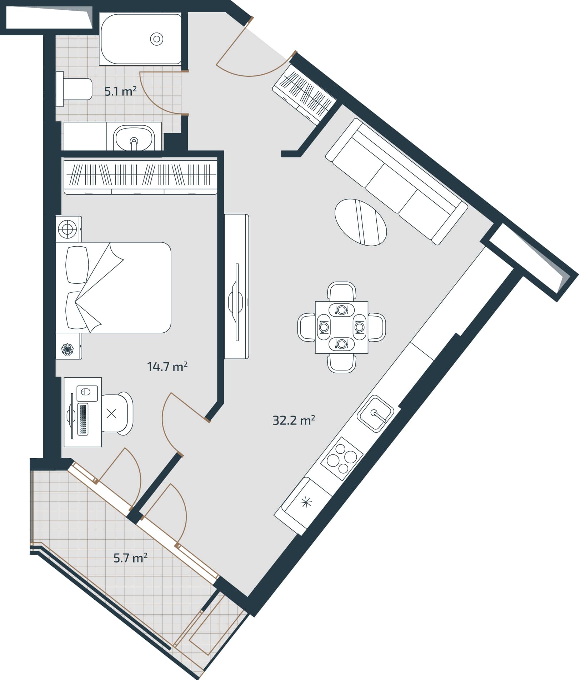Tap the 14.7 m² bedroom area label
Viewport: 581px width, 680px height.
tap(167, 367)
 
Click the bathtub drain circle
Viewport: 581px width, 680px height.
tap(156, 39)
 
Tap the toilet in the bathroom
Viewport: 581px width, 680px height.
tap(77, 89)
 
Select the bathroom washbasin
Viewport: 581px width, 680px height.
tap(134, 138)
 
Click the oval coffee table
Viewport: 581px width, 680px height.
tap(361, 222)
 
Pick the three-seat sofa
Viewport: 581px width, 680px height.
tap(396, 181)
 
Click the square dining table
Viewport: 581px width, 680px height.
tap(341, 327)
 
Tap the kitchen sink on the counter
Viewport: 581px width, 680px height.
tap(375, 414)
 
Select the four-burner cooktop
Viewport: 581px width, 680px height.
tap(342, 458)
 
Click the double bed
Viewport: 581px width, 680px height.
tap(114, 288)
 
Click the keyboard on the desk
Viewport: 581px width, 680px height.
tap(83, 419)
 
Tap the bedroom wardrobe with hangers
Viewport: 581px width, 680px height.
tap(140, 177)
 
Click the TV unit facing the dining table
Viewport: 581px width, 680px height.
tap(236, 286)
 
